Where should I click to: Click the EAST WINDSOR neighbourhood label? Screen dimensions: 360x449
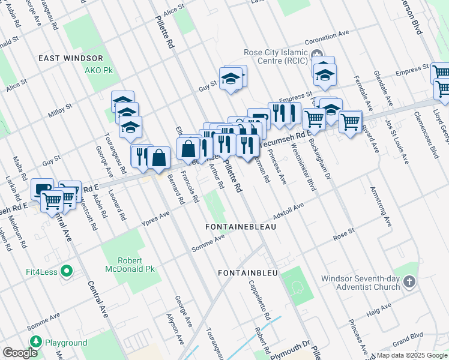pos(70,58)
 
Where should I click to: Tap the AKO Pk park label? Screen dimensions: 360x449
pos(99,70)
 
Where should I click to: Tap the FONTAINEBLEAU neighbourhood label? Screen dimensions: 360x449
pos(240,228)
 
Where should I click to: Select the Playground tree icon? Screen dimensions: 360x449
pos(35,343)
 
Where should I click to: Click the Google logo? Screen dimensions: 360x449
pos(20,353)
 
